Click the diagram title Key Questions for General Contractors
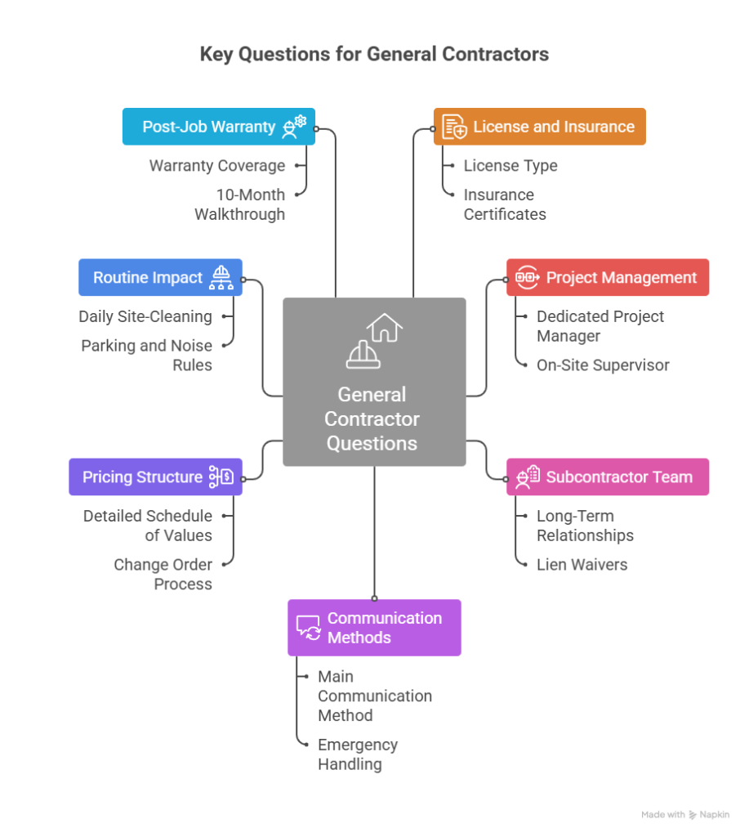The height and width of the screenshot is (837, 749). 374,55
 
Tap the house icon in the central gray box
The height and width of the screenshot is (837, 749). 385,328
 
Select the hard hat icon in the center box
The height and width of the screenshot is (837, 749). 363,354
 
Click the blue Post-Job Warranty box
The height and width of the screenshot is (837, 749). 218,127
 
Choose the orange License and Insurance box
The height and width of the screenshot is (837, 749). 539,127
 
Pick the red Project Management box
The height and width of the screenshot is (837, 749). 607,278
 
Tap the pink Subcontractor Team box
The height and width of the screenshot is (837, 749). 607,477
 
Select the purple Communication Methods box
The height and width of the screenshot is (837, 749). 374,628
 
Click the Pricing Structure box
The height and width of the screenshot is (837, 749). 155,477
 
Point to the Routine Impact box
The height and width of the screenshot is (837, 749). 160,278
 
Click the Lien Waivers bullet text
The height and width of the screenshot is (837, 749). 582,565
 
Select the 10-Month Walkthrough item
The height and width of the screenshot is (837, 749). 240,204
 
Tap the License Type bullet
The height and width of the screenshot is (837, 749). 510,166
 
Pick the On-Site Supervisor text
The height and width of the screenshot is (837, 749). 603,365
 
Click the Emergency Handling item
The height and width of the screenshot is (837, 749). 358,754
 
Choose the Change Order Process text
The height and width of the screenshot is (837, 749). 163,575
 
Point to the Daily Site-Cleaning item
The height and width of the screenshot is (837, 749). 145,316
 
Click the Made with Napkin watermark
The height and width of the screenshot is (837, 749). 684,815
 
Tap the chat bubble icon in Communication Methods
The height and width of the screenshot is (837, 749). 308,628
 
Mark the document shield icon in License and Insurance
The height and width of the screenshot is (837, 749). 455,128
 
